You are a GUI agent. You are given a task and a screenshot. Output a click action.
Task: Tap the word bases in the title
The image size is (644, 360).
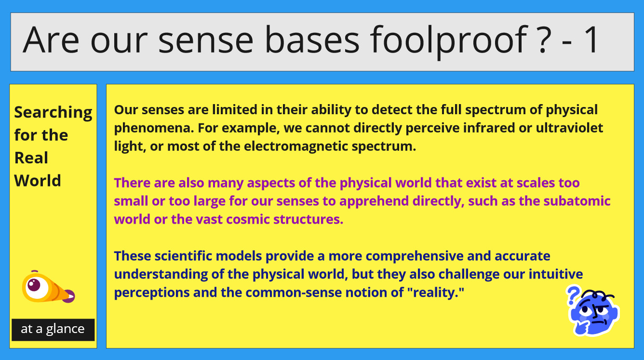click(312, 40)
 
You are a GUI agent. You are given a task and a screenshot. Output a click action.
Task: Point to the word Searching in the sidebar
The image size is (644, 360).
click(53, 113)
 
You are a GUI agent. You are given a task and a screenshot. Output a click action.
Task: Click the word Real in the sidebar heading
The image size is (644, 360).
click(31, 158)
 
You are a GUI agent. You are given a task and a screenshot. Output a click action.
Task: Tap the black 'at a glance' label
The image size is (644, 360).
click(53, 330)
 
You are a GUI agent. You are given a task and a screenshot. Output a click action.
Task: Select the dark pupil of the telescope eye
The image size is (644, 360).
click(34, 285)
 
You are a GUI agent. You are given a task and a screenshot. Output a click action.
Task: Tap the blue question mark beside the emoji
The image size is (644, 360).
click(573, 295)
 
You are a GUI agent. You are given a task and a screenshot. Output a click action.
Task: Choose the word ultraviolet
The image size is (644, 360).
click(569, 128)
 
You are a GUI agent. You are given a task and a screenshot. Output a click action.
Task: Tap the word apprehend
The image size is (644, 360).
click(374, 201)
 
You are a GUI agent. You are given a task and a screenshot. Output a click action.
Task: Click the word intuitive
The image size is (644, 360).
click(556, 274)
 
